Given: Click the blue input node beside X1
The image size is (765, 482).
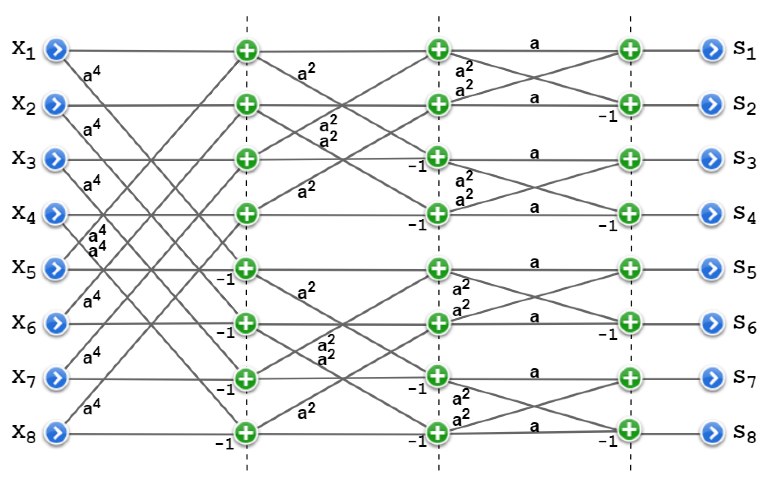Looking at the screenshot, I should point(56,50).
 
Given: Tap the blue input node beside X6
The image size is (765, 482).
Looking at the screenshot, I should point(56,324).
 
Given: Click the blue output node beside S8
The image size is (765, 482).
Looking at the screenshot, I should point(712,433).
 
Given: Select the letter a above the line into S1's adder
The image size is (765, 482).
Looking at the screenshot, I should point(534,44).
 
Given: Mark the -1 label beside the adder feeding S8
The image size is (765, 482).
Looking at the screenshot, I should point(608,441).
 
